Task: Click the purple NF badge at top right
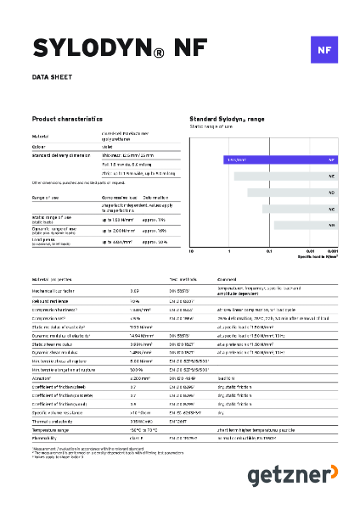pos(323,50)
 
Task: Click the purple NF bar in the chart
pos(280,159)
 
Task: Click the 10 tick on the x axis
pos(191,252)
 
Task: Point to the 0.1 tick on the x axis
pos(269,252)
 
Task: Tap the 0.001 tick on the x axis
pos(334,252)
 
